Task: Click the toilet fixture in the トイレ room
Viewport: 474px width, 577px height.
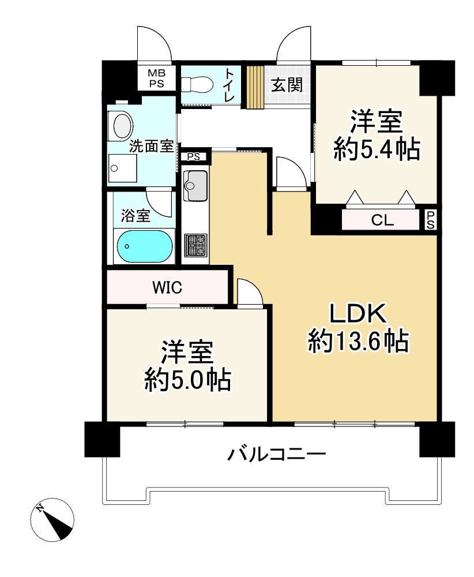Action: pyautogui.click(x=194, y=85)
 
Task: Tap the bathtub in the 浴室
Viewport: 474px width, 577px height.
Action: pyautogui.click(x=145, y=246)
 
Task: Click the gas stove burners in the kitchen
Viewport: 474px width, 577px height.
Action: pyautogui.click(x=195, y=245)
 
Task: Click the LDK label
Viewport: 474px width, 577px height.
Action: pyautogui.click(x=358, y=316)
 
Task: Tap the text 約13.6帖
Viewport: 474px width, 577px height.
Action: pyautogui.click(x=358, y=342)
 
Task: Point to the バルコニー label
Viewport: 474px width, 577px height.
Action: pyautogui.click(x=277, y=454)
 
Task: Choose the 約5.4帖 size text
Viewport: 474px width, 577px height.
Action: pyautogui.click(x=376, y=150)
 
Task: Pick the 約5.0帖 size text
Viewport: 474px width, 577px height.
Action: pyautogui.click(x=187, y=380)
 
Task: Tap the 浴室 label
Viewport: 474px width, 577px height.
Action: pyautogui.click(x=136, y=216)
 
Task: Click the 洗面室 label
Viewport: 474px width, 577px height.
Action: pyautogui.click(x=151, y=146)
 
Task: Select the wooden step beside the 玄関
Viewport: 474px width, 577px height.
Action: pyautogui.click(x=255, y=87)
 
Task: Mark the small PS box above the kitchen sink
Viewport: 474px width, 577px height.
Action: pyautogui.click(x=193, y=156)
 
